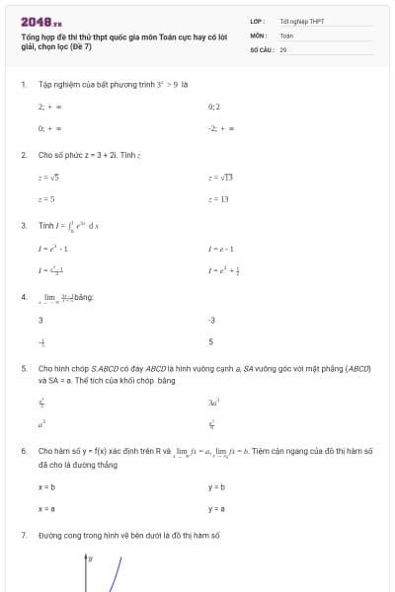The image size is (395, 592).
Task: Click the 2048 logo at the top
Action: click(40, 21)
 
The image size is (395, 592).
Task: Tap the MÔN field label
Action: click(259, 35)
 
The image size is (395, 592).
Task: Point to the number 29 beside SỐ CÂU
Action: click(283, 48)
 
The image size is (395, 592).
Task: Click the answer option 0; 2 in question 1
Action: click(214, 106)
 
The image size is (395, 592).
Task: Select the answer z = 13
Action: click(218, 199)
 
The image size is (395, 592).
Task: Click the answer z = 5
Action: click(46, 199)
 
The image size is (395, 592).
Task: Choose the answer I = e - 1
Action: click(220, 248)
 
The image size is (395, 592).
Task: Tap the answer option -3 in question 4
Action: click(211, 320)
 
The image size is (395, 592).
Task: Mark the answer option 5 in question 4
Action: click(210, 342)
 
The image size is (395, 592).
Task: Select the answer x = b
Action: click(46, 486)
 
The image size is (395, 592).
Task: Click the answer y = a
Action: click(216, 508)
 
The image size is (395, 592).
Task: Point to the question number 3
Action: click(24, 225)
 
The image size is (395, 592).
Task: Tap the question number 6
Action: click(24, 450)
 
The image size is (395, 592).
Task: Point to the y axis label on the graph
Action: click(91, 558)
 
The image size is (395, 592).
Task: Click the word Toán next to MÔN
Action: click(286, 35)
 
